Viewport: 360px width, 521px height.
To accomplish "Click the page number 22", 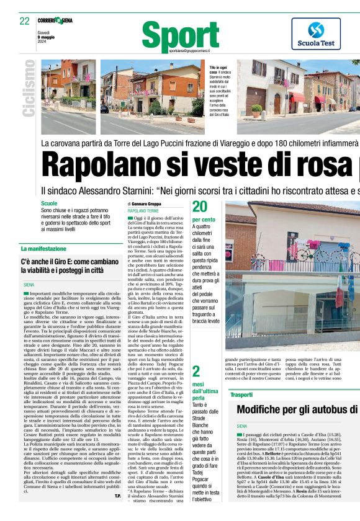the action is click(24, 20).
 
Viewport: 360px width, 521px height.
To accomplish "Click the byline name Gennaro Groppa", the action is click(148, 204).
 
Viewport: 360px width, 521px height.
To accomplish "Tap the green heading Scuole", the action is click(49, 203).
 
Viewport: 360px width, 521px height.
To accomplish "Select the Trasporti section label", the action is click(241, 394).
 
